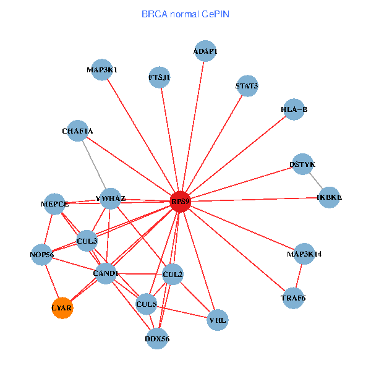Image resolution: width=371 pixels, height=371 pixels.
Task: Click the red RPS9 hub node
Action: [180, 201]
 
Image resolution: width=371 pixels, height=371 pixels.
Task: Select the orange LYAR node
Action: [62, 307]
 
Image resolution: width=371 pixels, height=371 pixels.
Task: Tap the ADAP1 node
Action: [205, 51]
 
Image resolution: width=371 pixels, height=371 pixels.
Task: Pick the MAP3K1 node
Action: [102, 70]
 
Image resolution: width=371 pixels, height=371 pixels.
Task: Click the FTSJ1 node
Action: [159, 77]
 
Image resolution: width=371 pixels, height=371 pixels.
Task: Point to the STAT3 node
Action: [247, 85]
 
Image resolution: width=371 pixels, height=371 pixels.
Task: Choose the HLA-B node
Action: [294, 109]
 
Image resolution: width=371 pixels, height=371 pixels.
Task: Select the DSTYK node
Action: [302, 164]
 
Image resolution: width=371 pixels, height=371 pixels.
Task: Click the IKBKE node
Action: [329, 197]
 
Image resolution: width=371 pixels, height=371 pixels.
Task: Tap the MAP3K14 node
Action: [304, 254]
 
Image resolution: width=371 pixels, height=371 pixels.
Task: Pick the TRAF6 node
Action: [293, 298]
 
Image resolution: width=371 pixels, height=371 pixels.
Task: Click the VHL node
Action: [218, 320]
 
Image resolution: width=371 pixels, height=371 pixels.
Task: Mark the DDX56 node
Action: [157, 338]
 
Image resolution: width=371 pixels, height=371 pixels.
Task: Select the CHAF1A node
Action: [77, 131]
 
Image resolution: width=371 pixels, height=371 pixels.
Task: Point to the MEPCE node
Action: [54, 203]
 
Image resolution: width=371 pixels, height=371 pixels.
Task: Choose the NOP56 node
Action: [42, 254]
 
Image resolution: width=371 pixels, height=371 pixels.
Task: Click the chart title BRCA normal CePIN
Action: [185, 13]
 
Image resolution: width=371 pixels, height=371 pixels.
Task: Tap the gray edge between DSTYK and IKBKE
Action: [315, 181]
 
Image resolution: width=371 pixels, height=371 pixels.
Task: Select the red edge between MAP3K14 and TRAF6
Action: [299, 276]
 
